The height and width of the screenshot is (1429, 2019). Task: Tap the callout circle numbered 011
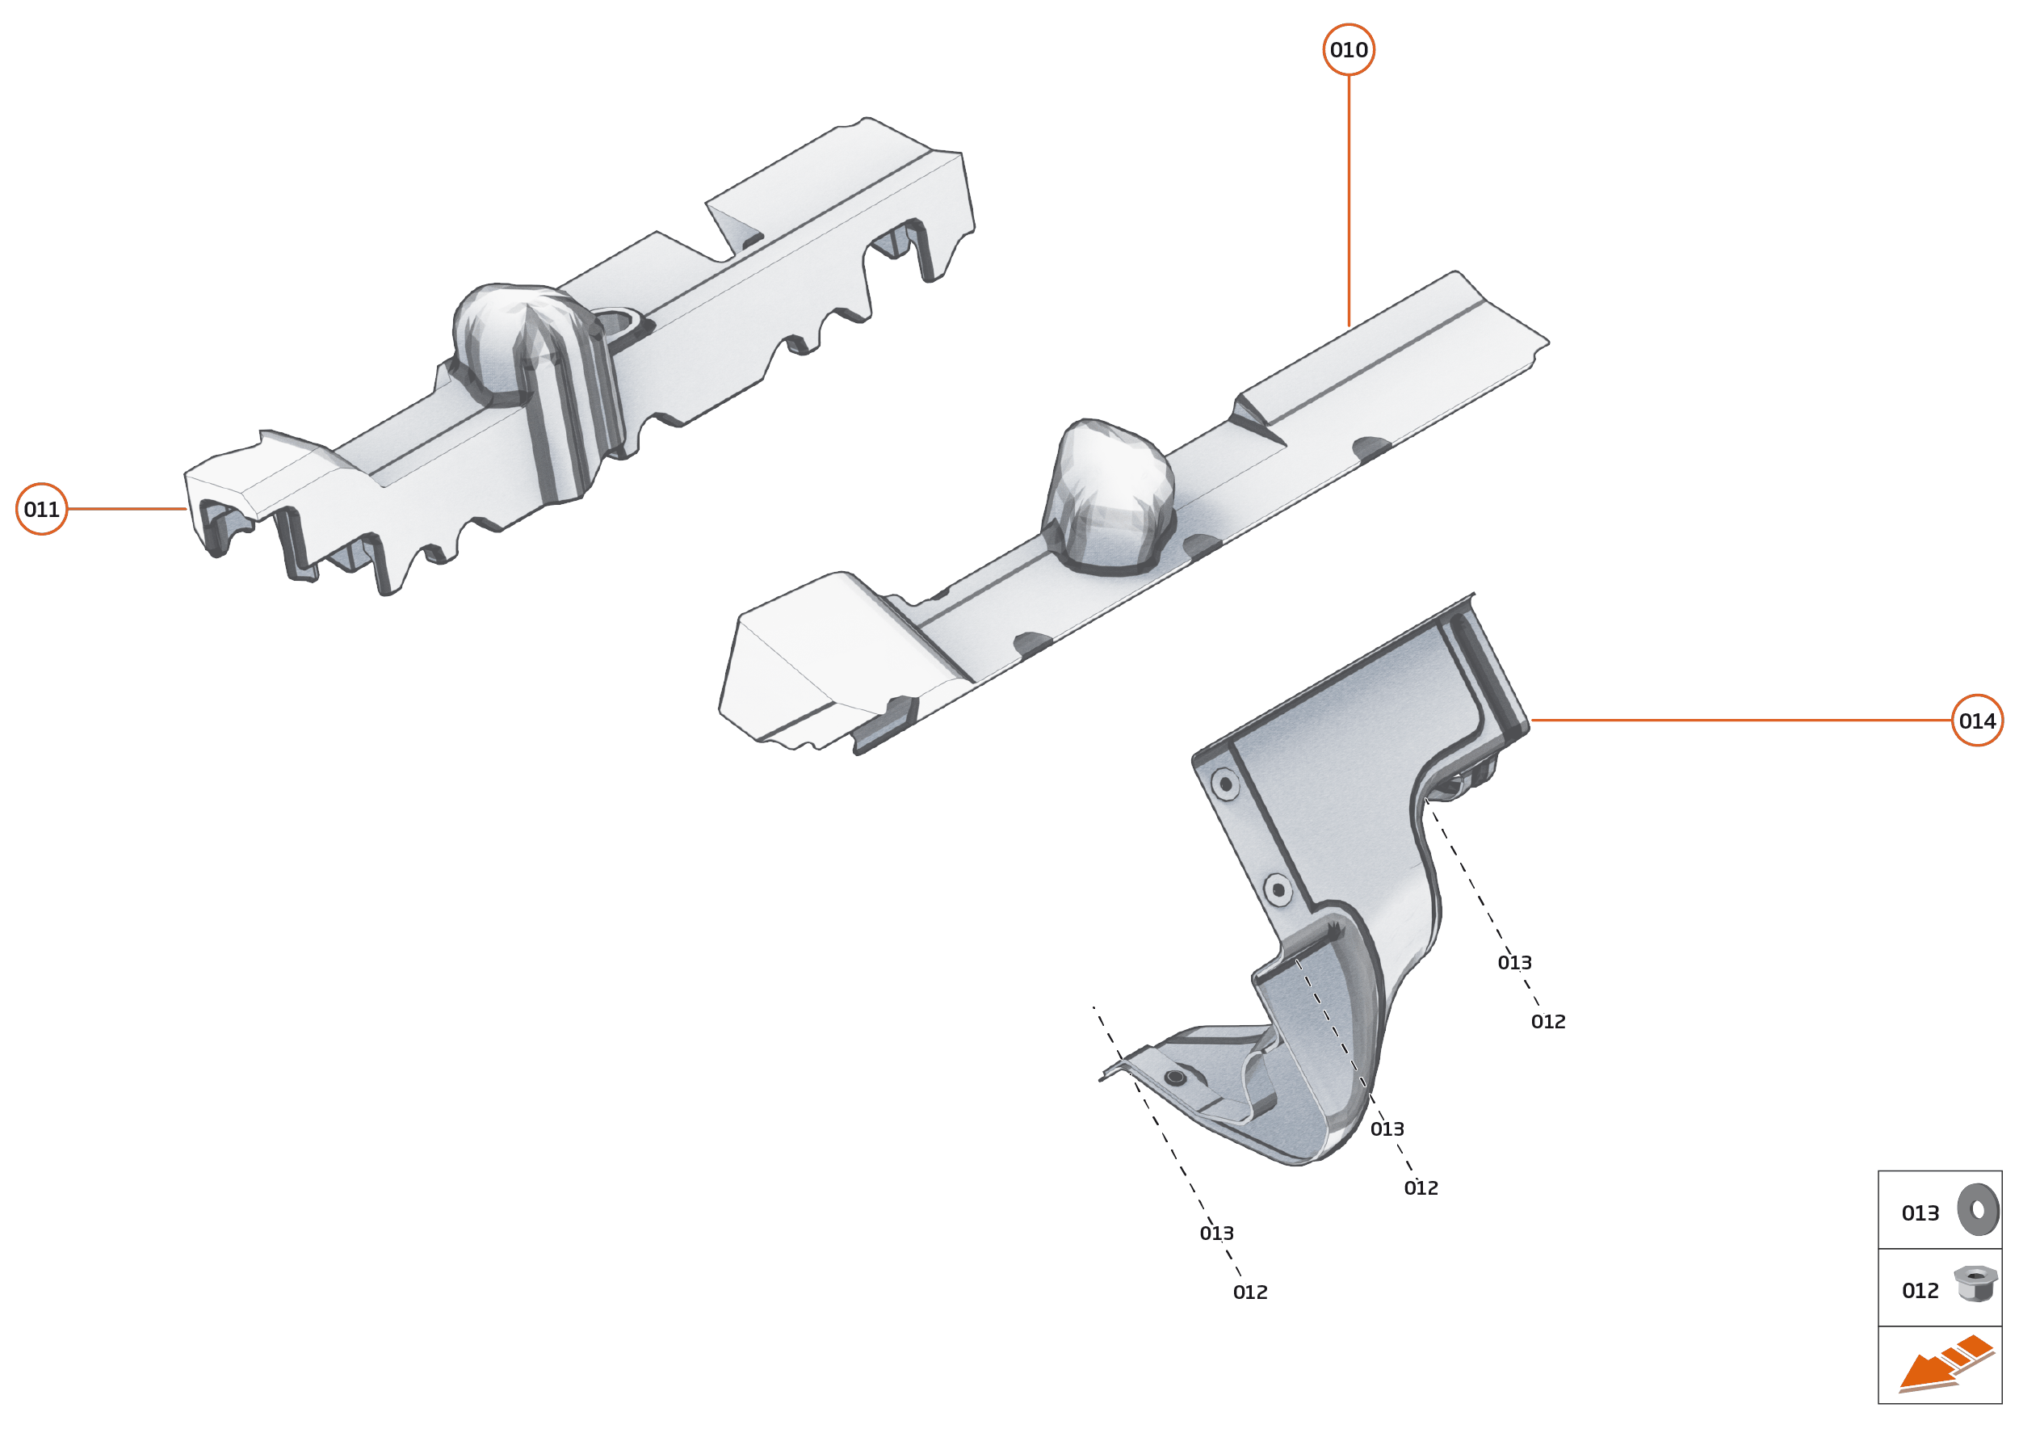point(41,509)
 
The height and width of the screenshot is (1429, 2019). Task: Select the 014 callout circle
point(1977,721)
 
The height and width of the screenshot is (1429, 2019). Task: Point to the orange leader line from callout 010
point(1349,200)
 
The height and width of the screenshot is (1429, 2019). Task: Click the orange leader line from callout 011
point(128,509)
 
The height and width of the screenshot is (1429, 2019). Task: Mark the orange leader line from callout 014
point(1742,720)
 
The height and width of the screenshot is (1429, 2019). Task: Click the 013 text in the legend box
point(1920,1213)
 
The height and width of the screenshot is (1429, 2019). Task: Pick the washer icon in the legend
point(1978,1210)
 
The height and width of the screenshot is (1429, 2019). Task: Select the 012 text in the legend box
point(1920,1291)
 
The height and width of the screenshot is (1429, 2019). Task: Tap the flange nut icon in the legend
point(1975,1284)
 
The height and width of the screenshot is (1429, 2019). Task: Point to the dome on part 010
point(1109,497)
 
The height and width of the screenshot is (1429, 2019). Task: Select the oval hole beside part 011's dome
point(627,325)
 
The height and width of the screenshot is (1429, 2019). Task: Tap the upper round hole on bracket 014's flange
point(1224,783)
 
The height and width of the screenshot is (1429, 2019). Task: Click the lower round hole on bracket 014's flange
point(1278,889)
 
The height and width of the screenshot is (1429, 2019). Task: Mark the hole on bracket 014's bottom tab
point(1175,1077)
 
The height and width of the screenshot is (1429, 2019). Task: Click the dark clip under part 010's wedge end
point(884,724)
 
